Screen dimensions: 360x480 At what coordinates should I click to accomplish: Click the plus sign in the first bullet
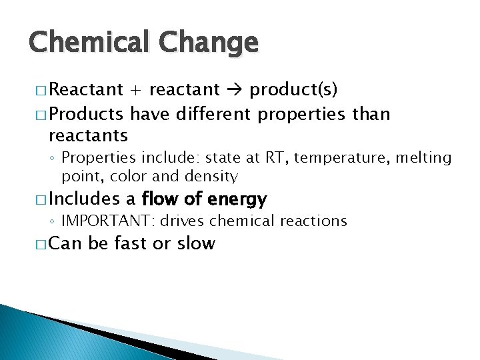(136, 89)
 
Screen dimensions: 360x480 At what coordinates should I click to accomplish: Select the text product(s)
(293, 89)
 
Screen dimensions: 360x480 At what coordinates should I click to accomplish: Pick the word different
(213, 114)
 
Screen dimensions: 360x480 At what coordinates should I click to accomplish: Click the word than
(371, 114)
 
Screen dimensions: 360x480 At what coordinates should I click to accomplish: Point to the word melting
(433, 159)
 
